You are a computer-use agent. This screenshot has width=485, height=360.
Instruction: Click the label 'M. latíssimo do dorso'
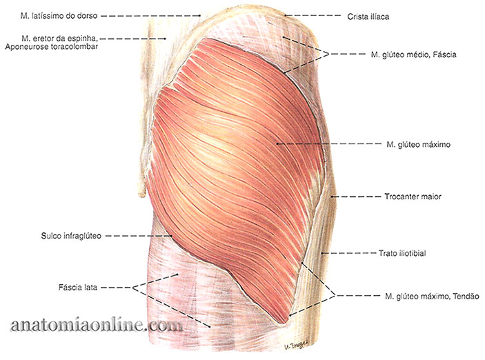(x=59, y=15)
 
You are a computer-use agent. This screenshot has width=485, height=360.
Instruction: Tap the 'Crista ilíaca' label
(x=368, y=17)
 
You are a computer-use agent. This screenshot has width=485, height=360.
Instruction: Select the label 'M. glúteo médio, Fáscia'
(x=413, y=54)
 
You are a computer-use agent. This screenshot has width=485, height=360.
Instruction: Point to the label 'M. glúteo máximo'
(x=419, y=144)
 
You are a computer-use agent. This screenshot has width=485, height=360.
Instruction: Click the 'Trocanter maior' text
(x=413, y=197)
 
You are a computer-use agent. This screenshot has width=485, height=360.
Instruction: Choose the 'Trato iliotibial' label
(x=402, y=253)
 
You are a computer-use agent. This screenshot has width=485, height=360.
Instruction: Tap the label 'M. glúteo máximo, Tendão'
(x=432, y=297)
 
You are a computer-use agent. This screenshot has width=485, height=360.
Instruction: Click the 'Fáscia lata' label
(x=78, y=288)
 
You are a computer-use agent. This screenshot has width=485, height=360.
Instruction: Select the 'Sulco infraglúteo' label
(x=71, y=236)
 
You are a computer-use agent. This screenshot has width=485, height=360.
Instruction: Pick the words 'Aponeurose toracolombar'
(x=52, y=47)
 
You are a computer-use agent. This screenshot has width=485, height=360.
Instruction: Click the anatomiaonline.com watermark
(x=96, y=326)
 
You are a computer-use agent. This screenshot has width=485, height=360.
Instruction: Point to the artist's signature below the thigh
(x=295, y=346)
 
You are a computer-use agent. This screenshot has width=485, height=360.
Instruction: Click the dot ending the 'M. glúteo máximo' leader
(x=277, y=144)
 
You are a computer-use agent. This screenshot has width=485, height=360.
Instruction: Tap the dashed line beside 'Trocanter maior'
(x=356, y=197)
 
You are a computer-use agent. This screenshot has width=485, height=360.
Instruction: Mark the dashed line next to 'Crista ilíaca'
(x=313, y=15)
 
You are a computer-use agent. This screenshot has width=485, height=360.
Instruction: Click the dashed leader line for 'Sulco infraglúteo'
(x=139, y=236)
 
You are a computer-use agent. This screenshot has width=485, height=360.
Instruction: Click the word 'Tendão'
(x=466, y=297)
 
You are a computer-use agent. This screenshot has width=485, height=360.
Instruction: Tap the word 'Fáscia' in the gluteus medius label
(x=444, y=54)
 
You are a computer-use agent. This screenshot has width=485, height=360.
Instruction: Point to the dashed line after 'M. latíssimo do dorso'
(x=151, y=15)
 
